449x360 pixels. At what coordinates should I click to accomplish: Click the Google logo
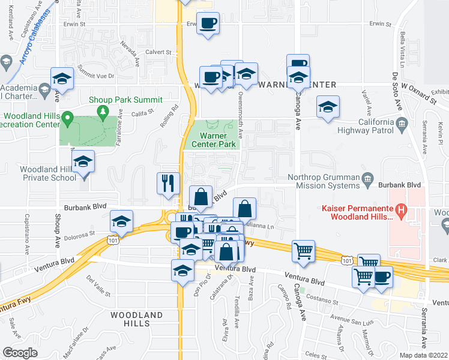20,353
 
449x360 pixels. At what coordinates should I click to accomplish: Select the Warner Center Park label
213,140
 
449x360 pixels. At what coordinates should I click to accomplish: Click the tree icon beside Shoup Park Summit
103,112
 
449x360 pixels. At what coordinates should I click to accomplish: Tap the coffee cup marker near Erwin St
208,24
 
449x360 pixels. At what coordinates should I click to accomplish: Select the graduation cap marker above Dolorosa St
121,222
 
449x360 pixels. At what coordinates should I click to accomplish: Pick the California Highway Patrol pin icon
402,124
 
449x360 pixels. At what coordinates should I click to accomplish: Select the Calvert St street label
159,52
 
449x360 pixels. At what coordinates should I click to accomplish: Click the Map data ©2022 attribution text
423,355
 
